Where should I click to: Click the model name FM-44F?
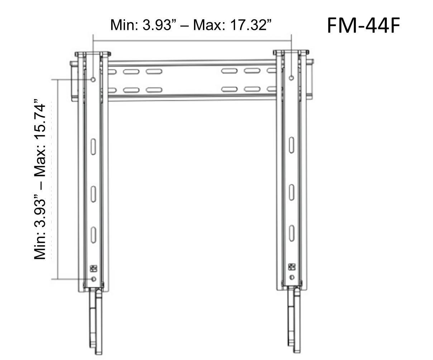(363, 25)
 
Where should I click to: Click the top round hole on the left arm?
(93, 79)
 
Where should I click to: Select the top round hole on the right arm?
(291, 78)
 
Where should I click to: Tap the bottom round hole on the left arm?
(94, 279)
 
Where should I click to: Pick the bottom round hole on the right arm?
(292, 277)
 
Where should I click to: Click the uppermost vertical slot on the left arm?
(93, 147)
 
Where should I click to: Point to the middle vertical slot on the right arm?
(292, 191)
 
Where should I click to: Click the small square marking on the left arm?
(94, 268)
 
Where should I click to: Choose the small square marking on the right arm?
(291, 267)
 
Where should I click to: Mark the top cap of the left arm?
(92, 54)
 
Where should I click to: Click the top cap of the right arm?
(291, 53)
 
